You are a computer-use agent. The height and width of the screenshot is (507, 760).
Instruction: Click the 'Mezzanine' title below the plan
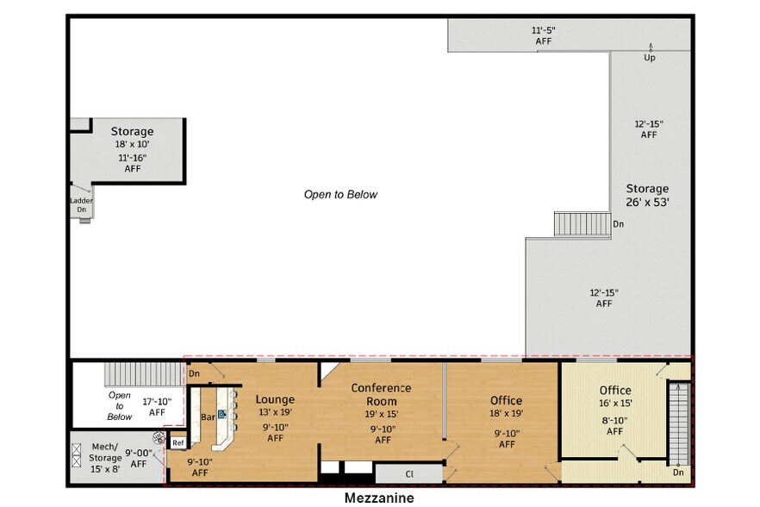[x=379, y=498]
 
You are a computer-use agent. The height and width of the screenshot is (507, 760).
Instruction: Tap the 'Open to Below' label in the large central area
[x=340, y=195]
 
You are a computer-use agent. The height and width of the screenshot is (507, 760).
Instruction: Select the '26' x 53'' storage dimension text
[x=647, y=204]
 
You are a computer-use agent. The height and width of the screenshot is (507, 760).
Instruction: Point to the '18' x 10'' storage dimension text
[x=132, y=145]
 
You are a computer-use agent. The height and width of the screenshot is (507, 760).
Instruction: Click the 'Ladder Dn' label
[x=81, y=205]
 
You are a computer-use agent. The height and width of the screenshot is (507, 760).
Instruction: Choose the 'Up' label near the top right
[x=650, y=58]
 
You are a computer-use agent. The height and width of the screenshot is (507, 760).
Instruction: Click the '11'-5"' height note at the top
[x=543, y=30]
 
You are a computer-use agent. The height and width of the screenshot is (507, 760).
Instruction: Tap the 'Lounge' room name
[x=275, y=399]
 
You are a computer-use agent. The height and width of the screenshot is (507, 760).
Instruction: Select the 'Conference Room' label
[x=381, y=394]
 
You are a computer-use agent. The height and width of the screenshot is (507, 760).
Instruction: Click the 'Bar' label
[x=208, y=417]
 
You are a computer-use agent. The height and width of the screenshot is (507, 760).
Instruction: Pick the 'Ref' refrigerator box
[x=178, y=442]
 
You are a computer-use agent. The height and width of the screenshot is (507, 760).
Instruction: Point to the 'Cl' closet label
[x=409, y=473]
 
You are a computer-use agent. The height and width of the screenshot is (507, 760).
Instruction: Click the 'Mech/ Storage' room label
[x=105, y=452]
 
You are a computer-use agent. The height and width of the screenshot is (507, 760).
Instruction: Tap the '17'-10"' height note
[x=157, y=401]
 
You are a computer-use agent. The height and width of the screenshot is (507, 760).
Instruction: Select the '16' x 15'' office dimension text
[x=615, y=404]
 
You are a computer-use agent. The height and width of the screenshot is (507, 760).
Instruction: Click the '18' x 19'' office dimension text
[x=506, y=414]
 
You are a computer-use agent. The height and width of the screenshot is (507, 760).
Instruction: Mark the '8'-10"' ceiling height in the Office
[x=615, y=420]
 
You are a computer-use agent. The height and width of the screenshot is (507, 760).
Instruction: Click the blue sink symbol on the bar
[x=221, y=414]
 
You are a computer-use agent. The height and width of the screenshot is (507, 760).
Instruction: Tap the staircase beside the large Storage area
[x=570, y=224]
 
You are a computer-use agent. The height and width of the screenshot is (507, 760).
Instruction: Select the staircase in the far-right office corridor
[x=679, y=422]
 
